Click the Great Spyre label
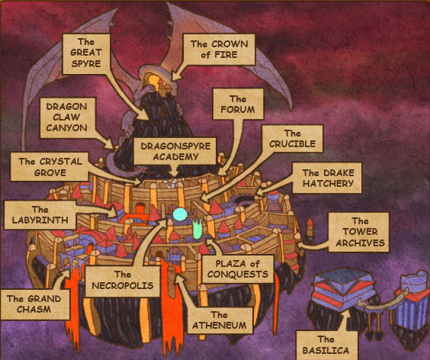pyautogui.click(x=86, y=54)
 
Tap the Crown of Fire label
pyautogui.click(x=219, y=50)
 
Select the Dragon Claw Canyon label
pyautogui.click(x=67, y=117)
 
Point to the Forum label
pyautogui.click(x=238, y=104)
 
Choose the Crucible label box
pyautogui.click(x=292, y=139)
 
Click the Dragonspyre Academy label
pyautogui.click(x=175, y=151)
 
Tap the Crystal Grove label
pyautogui.click(x=50, y=167)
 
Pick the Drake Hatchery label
pyautogui.click(x=327, y=178)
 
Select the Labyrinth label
pyautogui.click(x=40, y=215)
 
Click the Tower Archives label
pyautogui.click(x=359, y=232)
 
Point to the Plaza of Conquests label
pyautogui.click(x=238, y=269)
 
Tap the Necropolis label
pyautogui.click(x=123, y=281)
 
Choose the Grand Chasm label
pyautogui.click(x=34, y=304)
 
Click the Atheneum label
pyautogui.click(x=220, y=320)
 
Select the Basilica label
pyautogui.click(x=326, y=346)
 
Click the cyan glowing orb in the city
pyautogui.click(x=180, y=214)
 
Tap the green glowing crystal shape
pyautogui.click(x=197, y=228)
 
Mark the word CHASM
pyautogui.click(x=34, y=310)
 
